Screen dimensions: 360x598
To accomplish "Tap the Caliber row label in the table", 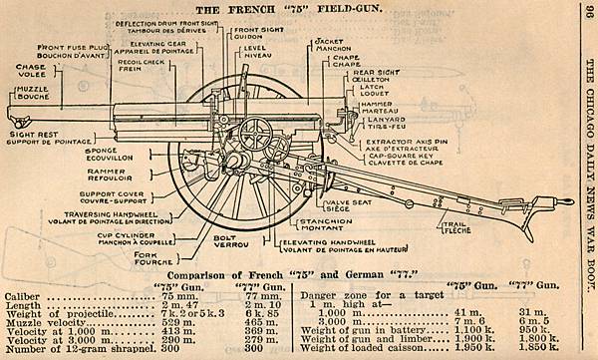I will click(x=22, y=296).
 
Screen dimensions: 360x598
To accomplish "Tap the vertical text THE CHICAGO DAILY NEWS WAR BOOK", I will click(x=588, y=180).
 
